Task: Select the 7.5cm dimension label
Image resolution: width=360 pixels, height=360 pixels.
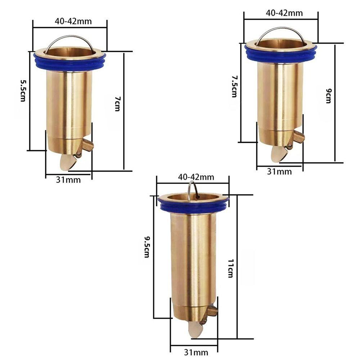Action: (x=234, y=86)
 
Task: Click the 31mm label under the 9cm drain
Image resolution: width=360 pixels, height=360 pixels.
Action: (x=279, y=172)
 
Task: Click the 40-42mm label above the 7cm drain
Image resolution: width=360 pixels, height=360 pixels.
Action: (x=73, y=21)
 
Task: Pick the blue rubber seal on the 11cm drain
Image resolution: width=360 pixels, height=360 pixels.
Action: (x=193, y=207)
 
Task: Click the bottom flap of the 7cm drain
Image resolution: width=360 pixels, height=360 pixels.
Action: (x=68, y=162)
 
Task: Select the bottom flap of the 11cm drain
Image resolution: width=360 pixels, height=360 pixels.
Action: (x=195, y=329)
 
